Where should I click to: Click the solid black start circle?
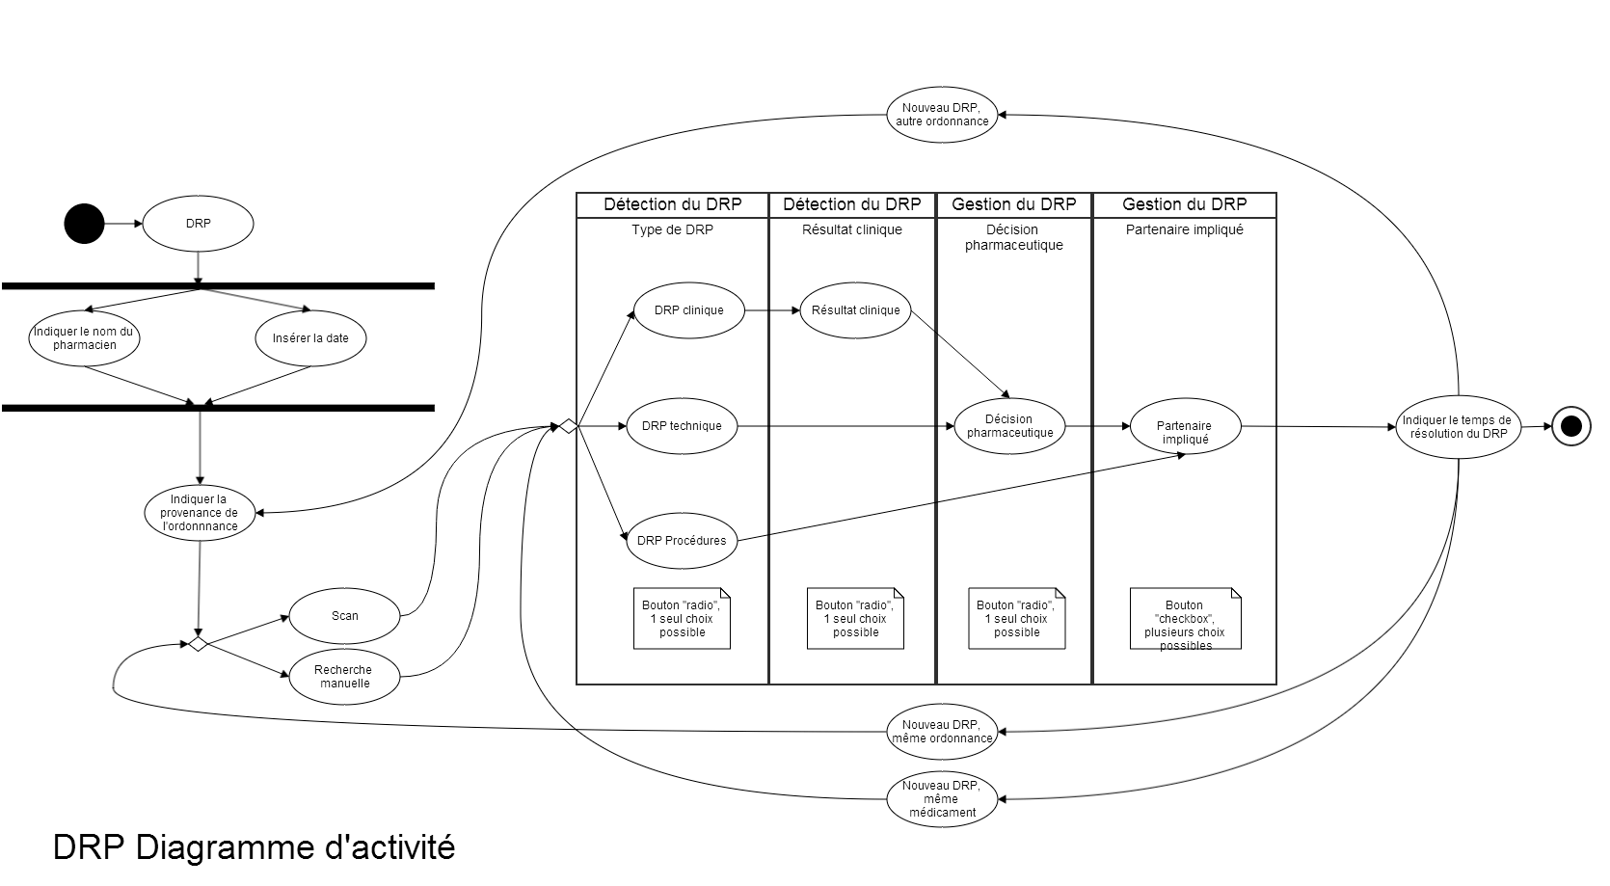click(x=84, y=224)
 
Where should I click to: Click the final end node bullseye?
click(x=1570, y=426)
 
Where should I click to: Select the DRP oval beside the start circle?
click(x=198, y=224)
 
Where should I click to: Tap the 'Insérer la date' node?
click(x=310, y=338)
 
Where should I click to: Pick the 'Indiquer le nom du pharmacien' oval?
click(x=85, y=338)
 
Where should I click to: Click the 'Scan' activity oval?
click(x=344, y=616)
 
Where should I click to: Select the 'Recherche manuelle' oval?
click(x=344, y=677)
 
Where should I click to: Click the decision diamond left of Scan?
click(x=198, y=643)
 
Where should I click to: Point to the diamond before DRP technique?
click(x=568, y=426)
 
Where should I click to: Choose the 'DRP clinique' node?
click(x=688, y=310)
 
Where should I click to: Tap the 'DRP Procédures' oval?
click(x=681, y=541)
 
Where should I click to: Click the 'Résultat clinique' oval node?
click(x=855, y=310)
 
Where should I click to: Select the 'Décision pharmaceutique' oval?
click(x=1009, y=426)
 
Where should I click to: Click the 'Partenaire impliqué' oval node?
click(x=1185, y=426)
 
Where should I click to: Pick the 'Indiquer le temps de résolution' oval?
click(x=1458, y=427)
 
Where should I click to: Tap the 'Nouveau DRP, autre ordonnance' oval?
click(x=942, y=115)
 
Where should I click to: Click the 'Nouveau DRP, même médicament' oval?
click(x=942, y=799)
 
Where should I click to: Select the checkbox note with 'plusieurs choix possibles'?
click(x=1185, y=619)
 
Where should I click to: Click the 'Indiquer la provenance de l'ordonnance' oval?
click(x=199, y=513)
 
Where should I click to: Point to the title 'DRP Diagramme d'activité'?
click(x=254, y=847)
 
